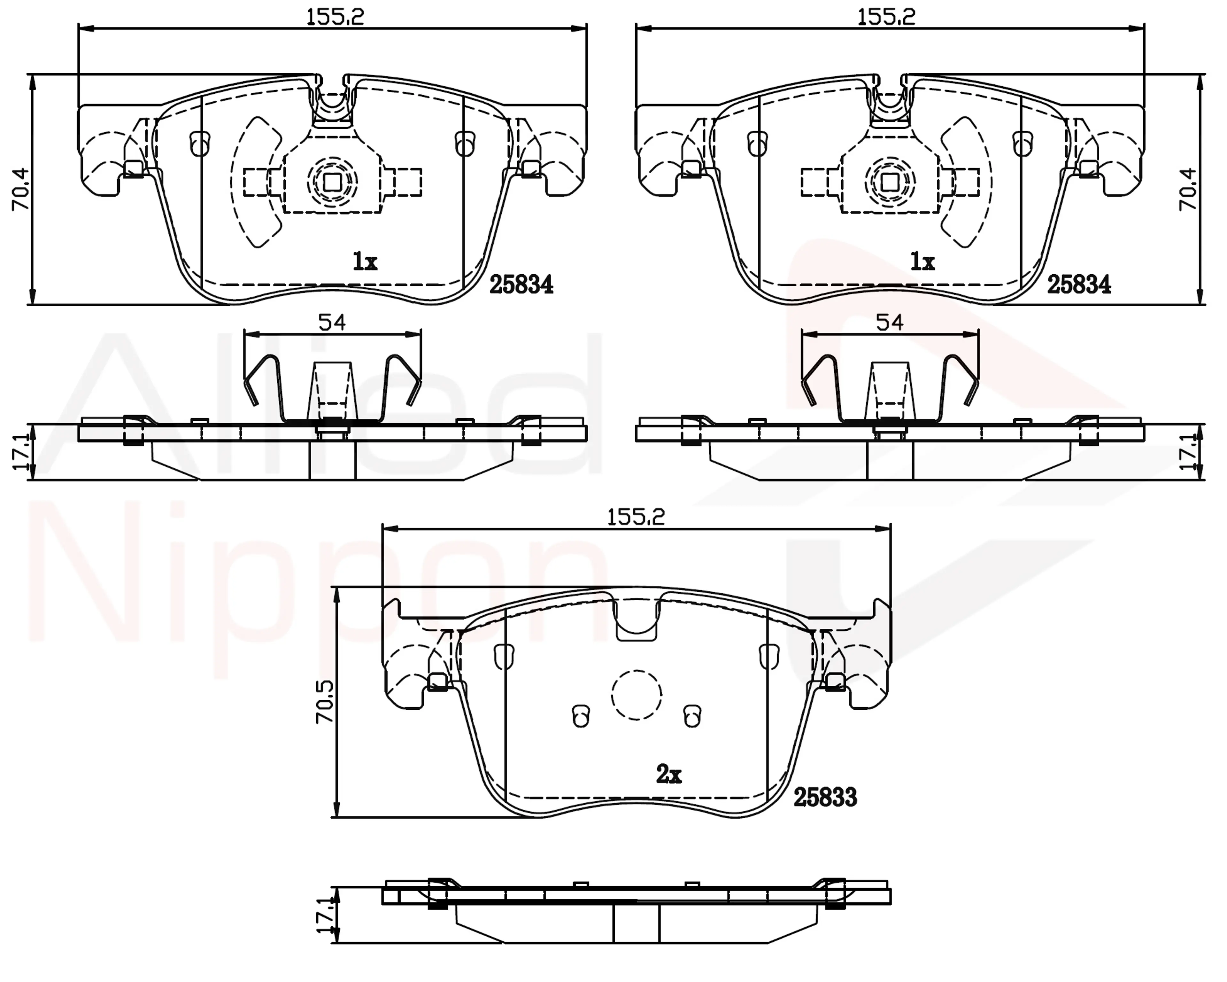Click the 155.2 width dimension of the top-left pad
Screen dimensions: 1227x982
click(335, 17)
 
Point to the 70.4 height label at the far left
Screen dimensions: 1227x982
click(21, 189)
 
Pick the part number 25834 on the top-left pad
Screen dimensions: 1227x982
click(521, 284)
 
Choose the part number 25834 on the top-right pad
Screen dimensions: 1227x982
click(1079, 284)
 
